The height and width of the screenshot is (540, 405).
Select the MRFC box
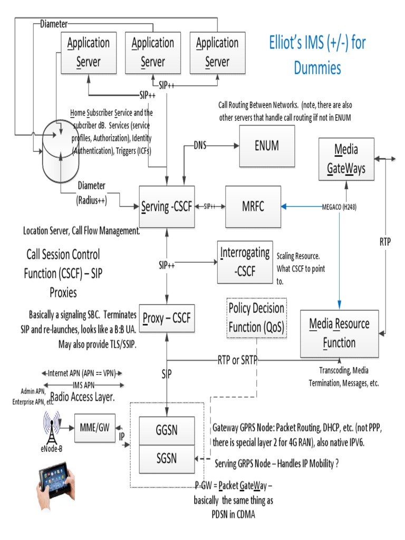(x=253, y=207)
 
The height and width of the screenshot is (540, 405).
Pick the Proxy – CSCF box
(x=167, y=319)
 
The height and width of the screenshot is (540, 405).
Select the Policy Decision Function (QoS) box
(x=256, y=317)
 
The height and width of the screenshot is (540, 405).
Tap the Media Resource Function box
(x=339, y=333)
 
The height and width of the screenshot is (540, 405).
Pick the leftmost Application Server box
(x=88, y=53)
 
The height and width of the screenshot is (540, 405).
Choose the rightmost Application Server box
(x=217, y=53)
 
